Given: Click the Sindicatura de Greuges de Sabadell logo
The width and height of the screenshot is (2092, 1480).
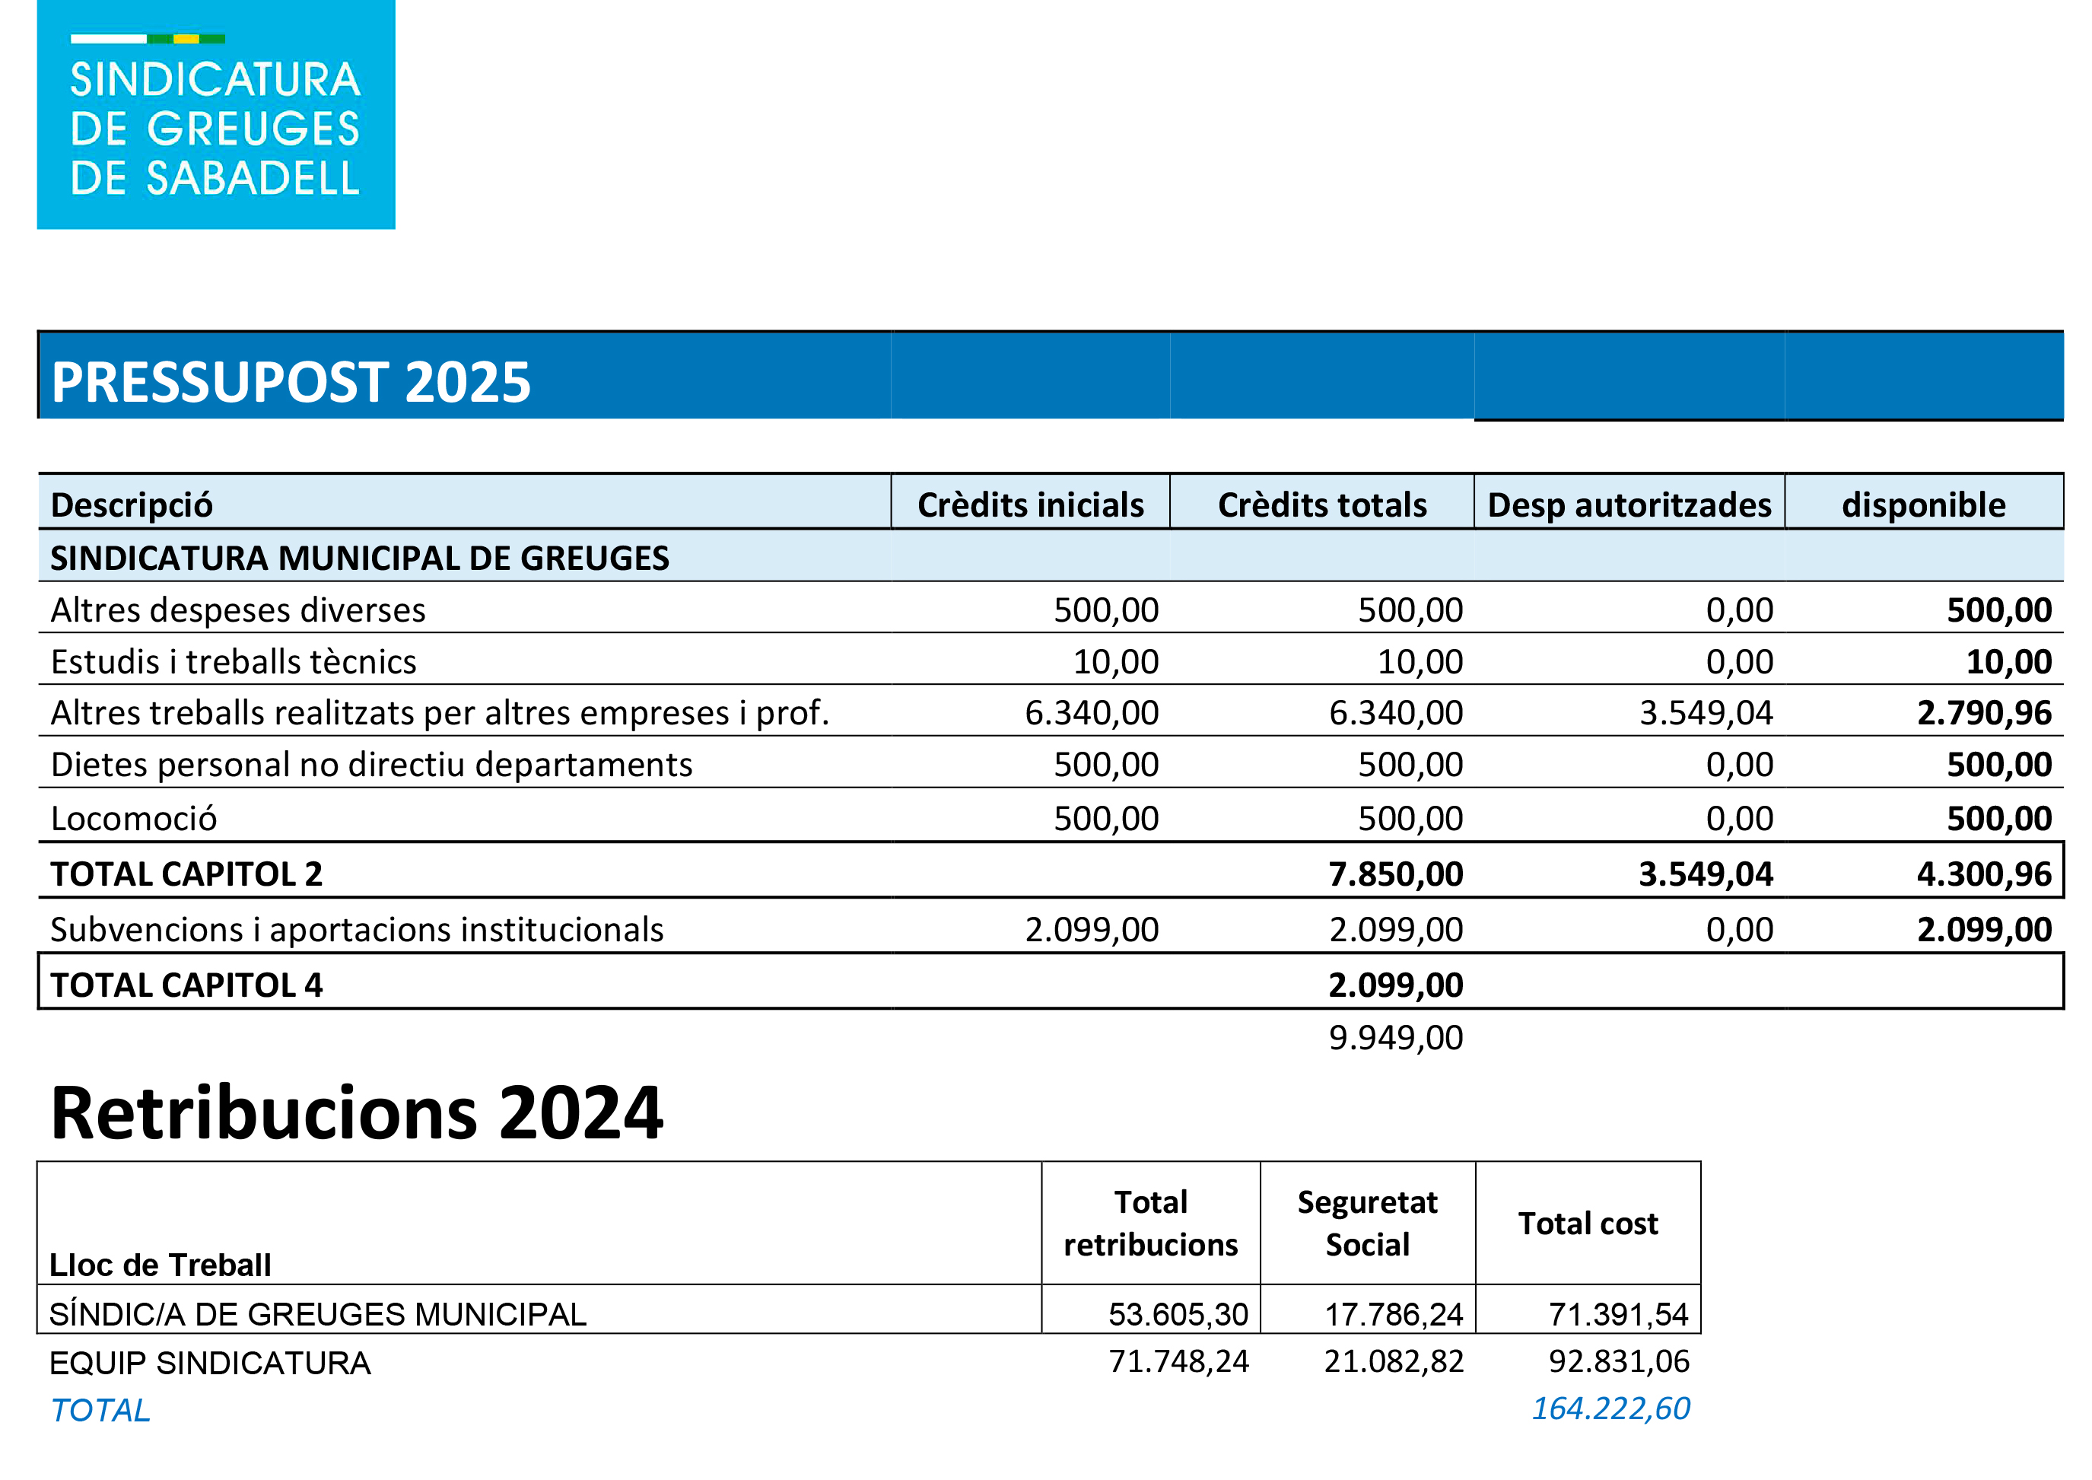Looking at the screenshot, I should point(216,115).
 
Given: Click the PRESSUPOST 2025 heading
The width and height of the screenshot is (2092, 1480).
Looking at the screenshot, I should point(291,382).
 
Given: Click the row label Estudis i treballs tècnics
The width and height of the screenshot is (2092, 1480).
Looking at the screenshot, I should point(234,662).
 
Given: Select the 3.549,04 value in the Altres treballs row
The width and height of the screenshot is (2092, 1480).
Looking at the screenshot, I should point(1706,713).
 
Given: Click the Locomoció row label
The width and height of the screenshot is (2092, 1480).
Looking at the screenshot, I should point(134,818).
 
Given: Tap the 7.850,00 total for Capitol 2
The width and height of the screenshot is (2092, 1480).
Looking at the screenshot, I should point(1395,874).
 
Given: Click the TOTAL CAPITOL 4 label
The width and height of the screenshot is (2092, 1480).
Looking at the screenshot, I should point(187,985).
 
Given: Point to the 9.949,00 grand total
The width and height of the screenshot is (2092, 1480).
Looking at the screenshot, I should point(1395,1037).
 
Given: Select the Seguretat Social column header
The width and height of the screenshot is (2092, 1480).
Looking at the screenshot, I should point(1367,1223).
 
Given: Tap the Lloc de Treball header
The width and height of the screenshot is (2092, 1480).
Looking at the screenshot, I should point(161,1265).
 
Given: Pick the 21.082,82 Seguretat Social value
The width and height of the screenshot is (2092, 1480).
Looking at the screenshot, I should point(1393,1361).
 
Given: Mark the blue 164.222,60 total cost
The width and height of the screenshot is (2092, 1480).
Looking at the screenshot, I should point(1610,1409).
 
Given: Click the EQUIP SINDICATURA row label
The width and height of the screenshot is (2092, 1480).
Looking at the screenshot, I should point(209,1364).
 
